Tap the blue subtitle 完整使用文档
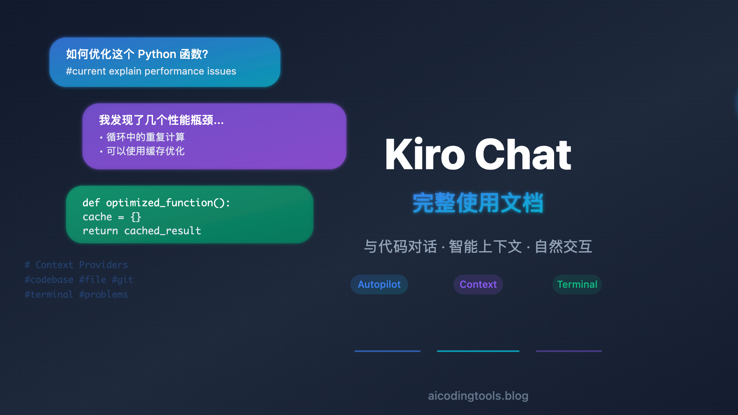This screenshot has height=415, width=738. (478, 203)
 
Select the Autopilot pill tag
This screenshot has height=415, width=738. (379, 284)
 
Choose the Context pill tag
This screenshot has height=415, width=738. (478, 284)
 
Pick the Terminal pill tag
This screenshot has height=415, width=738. (577, 284)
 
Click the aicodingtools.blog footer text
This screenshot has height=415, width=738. (478, 396)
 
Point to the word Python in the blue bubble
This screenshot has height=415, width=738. (157, 54)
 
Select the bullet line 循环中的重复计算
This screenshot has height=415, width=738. (142, 137)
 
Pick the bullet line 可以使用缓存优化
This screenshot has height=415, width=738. (142, 151)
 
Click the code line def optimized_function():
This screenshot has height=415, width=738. (156, 203)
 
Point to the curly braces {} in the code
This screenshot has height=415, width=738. (136, 217)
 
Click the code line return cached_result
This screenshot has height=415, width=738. (142, 231)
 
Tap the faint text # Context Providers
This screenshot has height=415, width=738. (76, 265)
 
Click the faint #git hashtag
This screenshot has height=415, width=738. (122, 280)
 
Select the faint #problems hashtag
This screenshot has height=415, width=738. (103, 294)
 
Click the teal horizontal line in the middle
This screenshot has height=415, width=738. (478, 351)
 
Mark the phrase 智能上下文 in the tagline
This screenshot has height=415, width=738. (485, 247)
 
